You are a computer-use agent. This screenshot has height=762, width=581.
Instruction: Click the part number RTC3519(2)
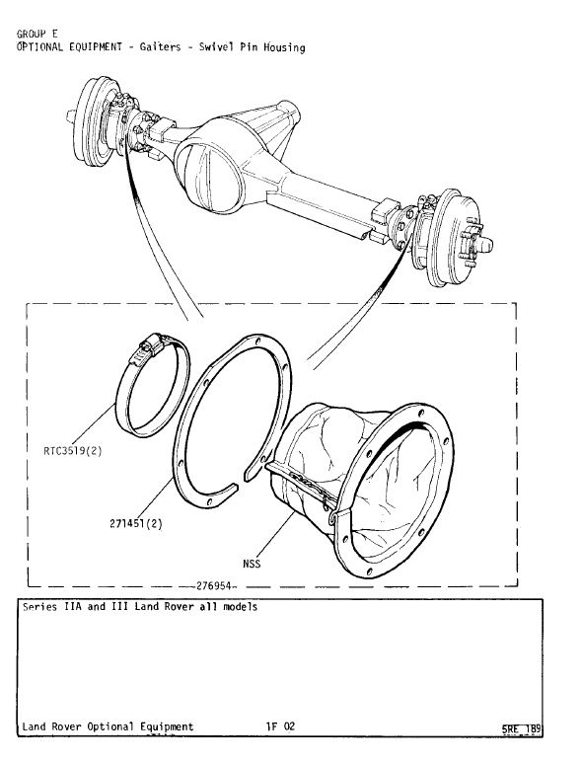[x=73, y=451]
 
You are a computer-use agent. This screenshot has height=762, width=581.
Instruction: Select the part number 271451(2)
[x=136, y=523]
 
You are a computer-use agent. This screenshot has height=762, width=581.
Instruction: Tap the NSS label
[x=252, y=564]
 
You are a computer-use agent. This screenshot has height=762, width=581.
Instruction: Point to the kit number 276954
[x=213, y=585]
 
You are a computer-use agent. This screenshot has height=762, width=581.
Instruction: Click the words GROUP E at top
[x=36, y=34]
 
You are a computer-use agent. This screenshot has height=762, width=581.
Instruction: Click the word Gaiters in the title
[x=160, y=47]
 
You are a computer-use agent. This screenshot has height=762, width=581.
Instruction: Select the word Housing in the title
[x=284, y=47]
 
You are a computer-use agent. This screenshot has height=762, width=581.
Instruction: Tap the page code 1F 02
[x=280, y=726]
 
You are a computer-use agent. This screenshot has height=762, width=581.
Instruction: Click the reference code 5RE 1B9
[x=521, y=729]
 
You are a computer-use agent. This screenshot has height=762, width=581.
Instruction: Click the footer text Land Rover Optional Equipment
[x=108, y=726]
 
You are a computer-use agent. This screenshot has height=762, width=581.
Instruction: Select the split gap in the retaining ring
[x=242, y=479]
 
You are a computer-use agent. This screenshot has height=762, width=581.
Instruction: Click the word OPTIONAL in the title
[x=42, y=47]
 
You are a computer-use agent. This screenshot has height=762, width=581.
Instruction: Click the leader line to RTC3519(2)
[x=92, y=423]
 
